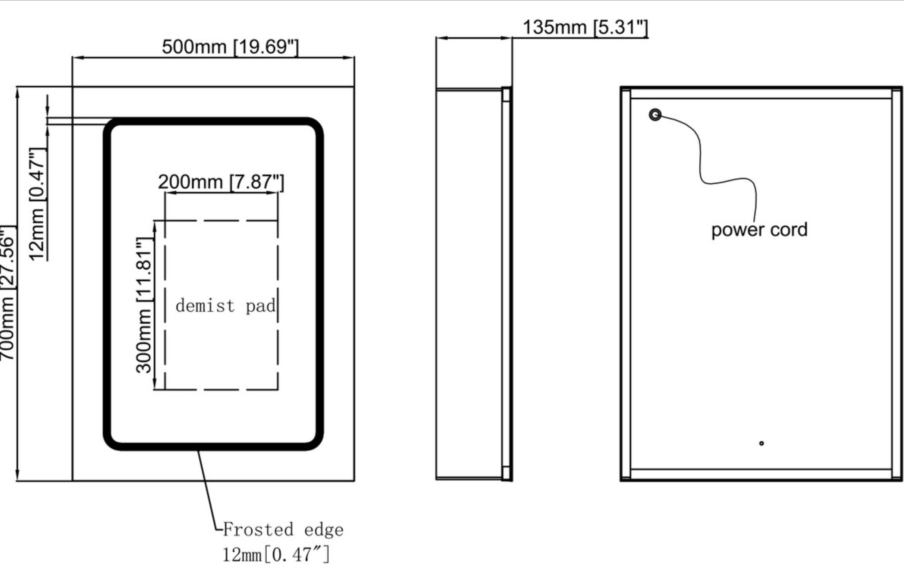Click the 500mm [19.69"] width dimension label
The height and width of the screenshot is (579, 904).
tap(230, 47)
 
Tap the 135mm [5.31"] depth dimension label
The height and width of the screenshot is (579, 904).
tap(585, 27)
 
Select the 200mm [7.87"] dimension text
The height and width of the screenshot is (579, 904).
tap(221, 182)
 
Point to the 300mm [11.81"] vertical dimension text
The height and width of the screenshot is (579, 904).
tap(143, 305)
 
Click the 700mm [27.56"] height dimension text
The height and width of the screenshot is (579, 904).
tap(7, 292)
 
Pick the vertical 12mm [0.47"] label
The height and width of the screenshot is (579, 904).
tap(37, 204)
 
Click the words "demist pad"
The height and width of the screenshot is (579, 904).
tap(225, 306)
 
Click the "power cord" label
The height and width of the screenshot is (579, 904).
tap(759, 230)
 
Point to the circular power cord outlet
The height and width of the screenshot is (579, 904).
tap(655, 115)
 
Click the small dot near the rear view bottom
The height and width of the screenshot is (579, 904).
tap(761, 443)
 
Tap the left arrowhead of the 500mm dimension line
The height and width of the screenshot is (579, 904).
tap(77, 58)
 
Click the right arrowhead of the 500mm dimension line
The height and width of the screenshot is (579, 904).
tap(350, 58)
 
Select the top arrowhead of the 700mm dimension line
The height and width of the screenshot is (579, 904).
tap(17, 92)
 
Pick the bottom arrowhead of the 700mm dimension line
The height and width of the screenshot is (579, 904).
tap(17, 476)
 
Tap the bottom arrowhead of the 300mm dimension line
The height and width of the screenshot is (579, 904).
tap(154, 385)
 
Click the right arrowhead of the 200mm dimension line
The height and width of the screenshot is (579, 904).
tap(274, 193)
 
